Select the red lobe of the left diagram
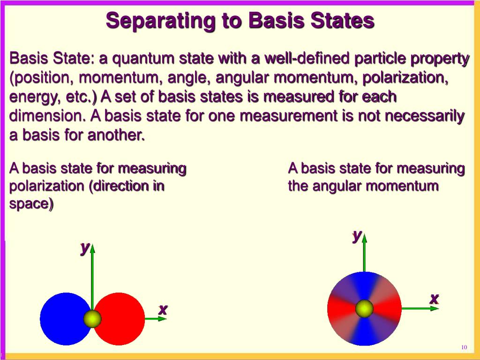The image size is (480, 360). coord(122,319)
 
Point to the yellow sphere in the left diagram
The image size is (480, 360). coord(92,319)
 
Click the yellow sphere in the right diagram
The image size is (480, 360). coord(364,308)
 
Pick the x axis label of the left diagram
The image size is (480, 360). coord(163,309)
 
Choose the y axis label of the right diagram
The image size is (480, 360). coord(357,235)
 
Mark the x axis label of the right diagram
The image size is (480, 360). coord(434,298)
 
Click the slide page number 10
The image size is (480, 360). coord(464,347)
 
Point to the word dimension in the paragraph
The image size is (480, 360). coord(47,116)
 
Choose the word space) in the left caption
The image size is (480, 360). coord(31,204)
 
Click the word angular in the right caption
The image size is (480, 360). coord(336,186)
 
